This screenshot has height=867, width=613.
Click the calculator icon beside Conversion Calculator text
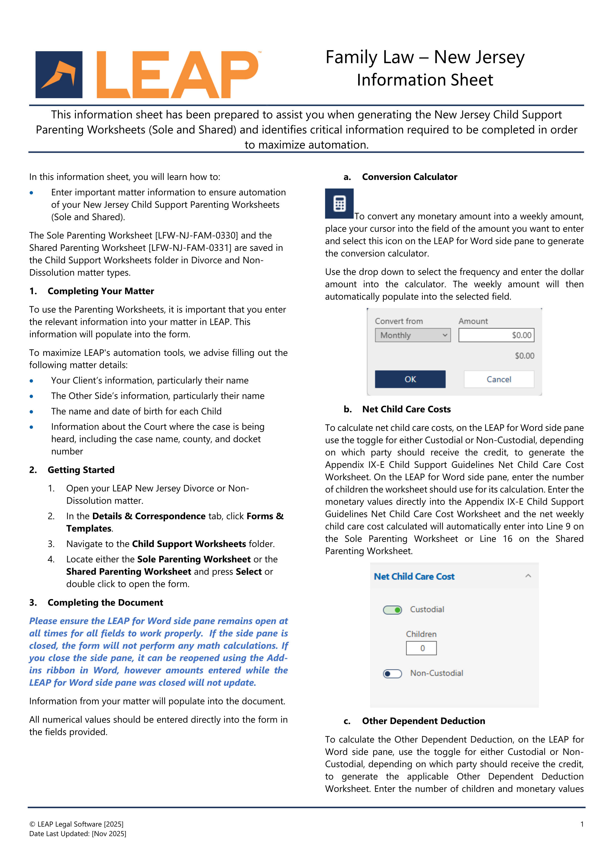339,204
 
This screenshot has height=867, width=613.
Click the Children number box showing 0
421,648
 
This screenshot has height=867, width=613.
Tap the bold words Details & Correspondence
149,516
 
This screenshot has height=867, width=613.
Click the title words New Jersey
479,57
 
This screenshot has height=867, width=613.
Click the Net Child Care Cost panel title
414,577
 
